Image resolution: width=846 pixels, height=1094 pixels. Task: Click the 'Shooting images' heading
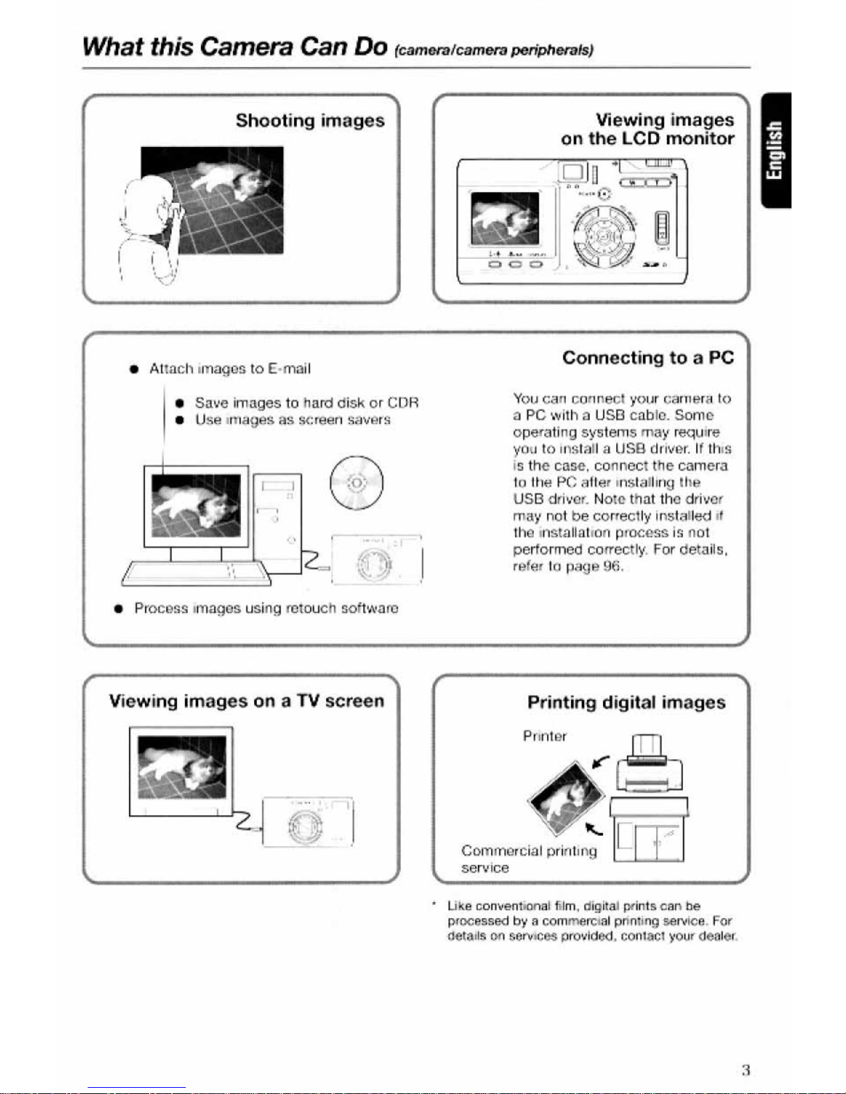(x=310, y=120)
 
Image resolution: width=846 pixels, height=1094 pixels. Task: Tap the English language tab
(x=776, y=150)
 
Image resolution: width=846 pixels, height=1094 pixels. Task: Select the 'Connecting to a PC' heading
(x=647, y=358)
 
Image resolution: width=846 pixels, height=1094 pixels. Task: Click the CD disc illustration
(x=356, y=482)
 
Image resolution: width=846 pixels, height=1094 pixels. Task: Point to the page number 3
(x=745, y=1070)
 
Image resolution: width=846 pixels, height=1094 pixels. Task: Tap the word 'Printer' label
(x=544, y=736)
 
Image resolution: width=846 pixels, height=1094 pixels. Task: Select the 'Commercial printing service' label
(x=528, y=859)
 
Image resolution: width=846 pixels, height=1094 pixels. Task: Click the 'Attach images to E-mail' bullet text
(x=229, y=369)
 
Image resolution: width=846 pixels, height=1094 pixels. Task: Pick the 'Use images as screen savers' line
(x=292, y=420)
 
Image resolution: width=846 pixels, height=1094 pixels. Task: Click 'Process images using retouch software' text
(x=266, y=608)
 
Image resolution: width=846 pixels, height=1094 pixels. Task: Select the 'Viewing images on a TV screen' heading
(x=246, y=701)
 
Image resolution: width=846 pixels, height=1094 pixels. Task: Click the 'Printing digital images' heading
(x=626, y=702)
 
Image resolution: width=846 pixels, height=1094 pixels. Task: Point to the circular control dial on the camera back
(x=603, y=237)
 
